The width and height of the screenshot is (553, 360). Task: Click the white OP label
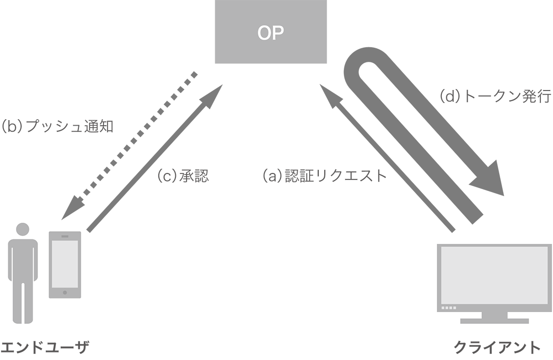270,33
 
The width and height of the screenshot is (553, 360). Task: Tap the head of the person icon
23,229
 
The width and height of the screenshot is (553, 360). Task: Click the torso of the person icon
23,259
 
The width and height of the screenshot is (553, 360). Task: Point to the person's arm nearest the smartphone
36,261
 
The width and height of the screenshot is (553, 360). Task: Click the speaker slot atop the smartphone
65,236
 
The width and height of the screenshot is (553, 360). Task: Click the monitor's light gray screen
494,275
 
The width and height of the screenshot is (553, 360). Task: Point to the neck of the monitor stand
494,315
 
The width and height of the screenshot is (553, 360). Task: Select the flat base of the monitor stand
494,321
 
